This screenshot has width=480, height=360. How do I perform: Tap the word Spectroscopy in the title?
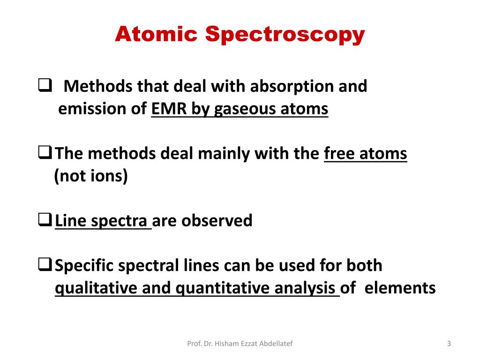click(x=285, y=35)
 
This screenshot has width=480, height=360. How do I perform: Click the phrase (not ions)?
click(x=91, y=177)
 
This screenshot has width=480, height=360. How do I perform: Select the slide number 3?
click(x=449, y=344)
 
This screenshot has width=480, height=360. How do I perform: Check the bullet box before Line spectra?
click(x=45, y=220)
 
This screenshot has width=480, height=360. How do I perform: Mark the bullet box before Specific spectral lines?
click(x=45, y=265)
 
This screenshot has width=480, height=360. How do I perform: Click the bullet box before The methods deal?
click(x=45, y=153)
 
